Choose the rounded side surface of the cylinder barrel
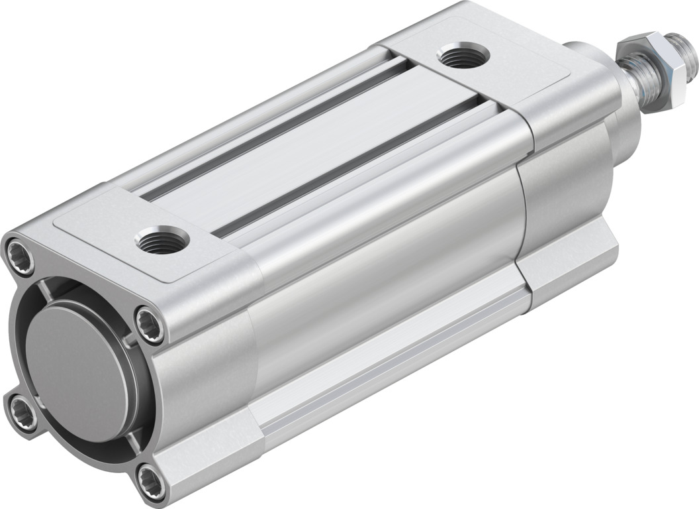tap(384, 265)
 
